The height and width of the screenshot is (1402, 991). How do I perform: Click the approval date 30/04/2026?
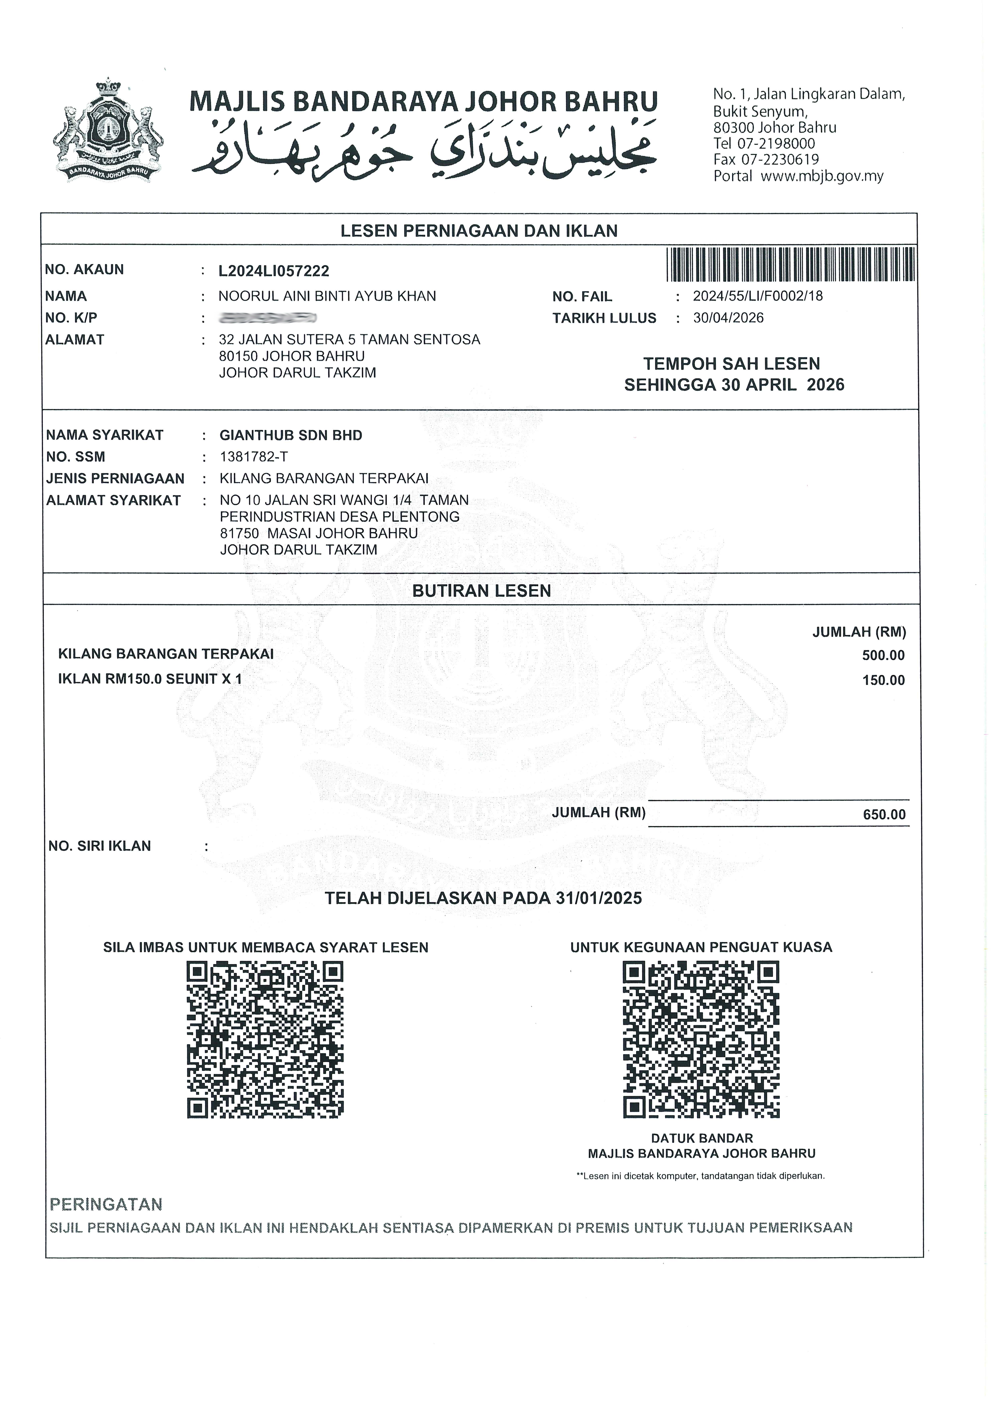pos(728,318)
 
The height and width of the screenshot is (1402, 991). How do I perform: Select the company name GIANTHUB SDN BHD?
pos(291,435)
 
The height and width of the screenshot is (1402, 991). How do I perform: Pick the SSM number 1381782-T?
pos(253,457)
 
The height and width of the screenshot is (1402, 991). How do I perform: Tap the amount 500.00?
pos(883,656)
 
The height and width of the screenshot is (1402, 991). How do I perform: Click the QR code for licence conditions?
pos(265,1040)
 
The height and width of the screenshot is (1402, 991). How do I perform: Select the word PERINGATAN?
pos(106,1205)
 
